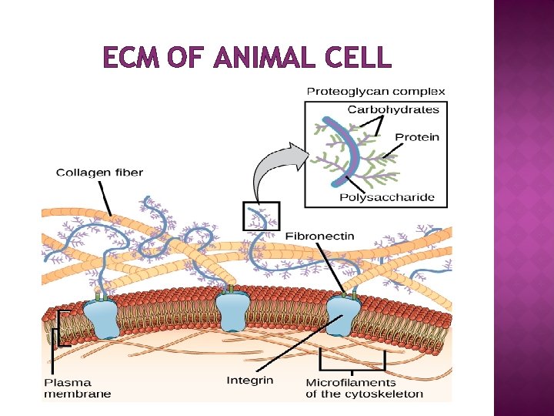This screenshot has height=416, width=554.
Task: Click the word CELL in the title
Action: click(359, 58)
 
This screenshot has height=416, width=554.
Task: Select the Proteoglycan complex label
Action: click(375, 92)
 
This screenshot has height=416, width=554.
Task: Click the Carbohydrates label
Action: click(393, 109)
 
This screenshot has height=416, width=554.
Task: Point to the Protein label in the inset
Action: click(417, 137)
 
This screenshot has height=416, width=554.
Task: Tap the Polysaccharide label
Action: click(387, 197)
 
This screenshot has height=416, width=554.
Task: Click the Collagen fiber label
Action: click(99, 173)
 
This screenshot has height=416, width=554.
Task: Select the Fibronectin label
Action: click(320, 235)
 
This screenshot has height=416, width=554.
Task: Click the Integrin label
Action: click(249, 380)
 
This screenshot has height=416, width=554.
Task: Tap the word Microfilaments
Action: click(351, 382)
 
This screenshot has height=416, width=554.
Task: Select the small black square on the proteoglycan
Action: click(261, 216)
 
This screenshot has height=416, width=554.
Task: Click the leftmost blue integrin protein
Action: click(101, 317)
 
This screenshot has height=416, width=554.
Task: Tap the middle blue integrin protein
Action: click(232, 310)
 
